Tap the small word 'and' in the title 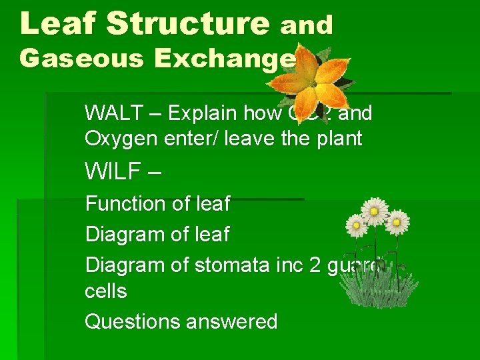306,25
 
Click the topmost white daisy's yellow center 375,211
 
